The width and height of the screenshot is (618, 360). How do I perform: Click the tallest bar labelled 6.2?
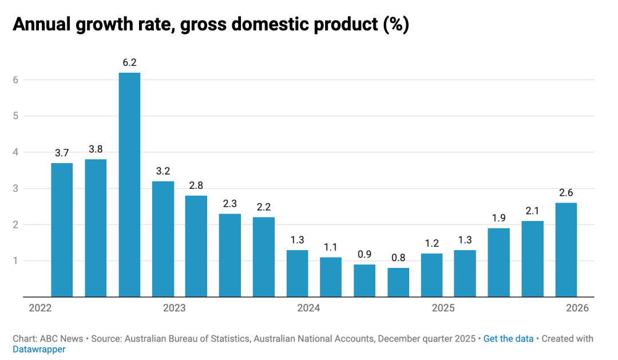pos(129,185)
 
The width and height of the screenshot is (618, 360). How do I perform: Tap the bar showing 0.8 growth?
pos(398,282)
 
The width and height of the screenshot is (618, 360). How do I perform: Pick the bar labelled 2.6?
pos(566,250)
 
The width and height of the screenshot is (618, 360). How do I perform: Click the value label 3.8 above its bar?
pos(96,149)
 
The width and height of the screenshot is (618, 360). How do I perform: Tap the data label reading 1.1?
pos(331,247)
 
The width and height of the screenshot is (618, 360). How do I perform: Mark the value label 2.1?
pos(533,211)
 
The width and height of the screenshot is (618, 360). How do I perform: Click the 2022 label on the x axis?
pos(40,308)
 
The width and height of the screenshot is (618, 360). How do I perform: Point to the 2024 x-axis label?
pos(308,308)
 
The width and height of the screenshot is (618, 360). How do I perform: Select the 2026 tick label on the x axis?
pos(577,308)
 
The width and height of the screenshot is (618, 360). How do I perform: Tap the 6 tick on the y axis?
pos(17,80)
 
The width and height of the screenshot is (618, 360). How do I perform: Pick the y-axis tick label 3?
pos(17,189)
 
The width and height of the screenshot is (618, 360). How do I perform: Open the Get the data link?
pos(508,339)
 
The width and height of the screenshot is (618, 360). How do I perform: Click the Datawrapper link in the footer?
pos(39,349)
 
